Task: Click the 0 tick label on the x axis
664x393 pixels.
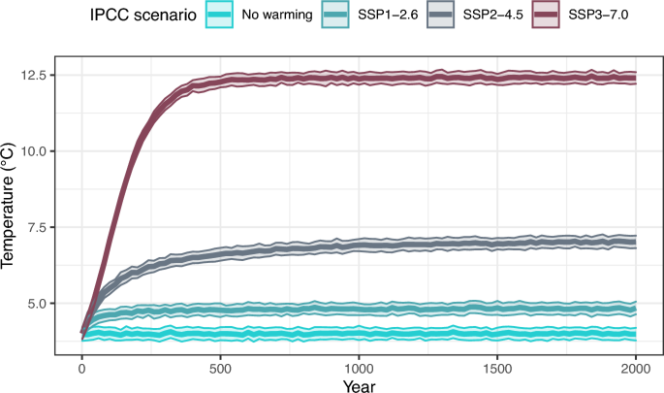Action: (81, 372)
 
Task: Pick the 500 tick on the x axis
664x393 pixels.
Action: (220, 372)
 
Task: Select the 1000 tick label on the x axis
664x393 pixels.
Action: (359, 372)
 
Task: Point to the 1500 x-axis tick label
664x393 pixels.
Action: (497, 372)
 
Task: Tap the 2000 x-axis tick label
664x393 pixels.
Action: (636, 372)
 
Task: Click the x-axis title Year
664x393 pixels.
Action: (359, 386)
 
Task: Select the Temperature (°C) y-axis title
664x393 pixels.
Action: (10, 206)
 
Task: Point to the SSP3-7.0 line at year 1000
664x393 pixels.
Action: (359, 78)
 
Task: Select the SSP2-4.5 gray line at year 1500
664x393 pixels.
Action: (497, 243)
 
